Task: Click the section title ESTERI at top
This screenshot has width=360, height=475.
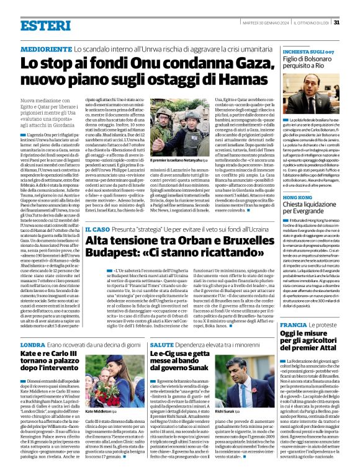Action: [45, 25]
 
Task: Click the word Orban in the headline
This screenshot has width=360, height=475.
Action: [158, 241]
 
